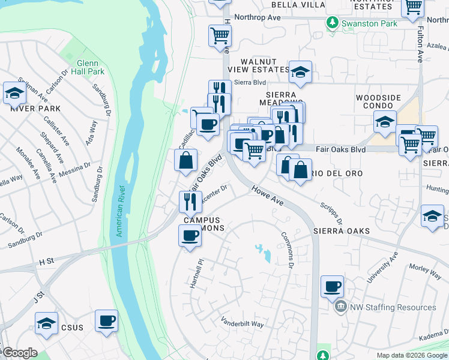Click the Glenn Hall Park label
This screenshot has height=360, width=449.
91,67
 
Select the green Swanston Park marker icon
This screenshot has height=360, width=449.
333,23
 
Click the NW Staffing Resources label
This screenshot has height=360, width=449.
393,307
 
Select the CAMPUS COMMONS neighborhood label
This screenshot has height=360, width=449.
202,224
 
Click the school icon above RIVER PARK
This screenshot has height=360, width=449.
14,93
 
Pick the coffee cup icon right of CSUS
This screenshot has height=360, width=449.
106,320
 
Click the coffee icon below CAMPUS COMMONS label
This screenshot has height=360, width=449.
190,235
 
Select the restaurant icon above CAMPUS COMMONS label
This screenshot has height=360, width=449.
190,201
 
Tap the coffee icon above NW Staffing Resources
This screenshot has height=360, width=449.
332,286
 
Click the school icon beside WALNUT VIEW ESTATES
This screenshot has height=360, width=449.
300,72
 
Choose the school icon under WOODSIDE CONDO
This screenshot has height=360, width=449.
384,122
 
